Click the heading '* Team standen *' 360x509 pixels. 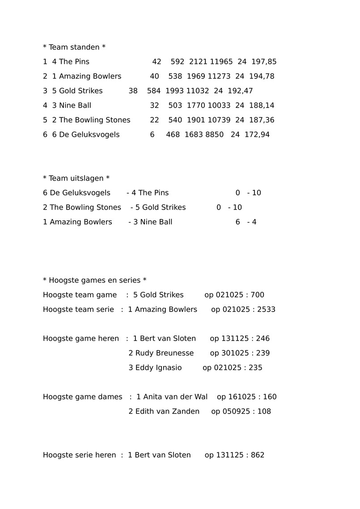(74, 47)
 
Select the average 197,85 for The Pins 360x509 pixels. (264, 62)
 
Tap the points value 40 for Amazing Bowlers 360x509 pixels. (154, 76)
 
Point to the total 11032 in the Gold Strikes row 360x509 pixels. (198, 91)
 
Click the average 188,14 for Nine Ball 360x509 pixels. (262, 105)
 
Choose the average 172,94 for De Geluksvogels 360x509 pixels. (257, 135)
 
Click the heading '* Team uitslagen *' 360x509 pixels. (76, 178)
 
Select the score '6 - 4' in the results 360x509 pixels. (246, 222)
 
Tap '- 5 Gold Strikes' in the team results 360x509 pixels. (158, 207)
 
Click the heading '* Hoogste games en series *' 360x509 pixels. (95, 280)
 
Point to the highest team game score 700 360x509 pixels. (257, 295)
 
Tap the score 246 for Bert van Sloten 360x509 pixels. (263, 339)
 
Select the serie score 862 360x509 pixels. (258, 455)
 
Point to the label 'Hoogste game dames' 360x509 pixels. (82, 397)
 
